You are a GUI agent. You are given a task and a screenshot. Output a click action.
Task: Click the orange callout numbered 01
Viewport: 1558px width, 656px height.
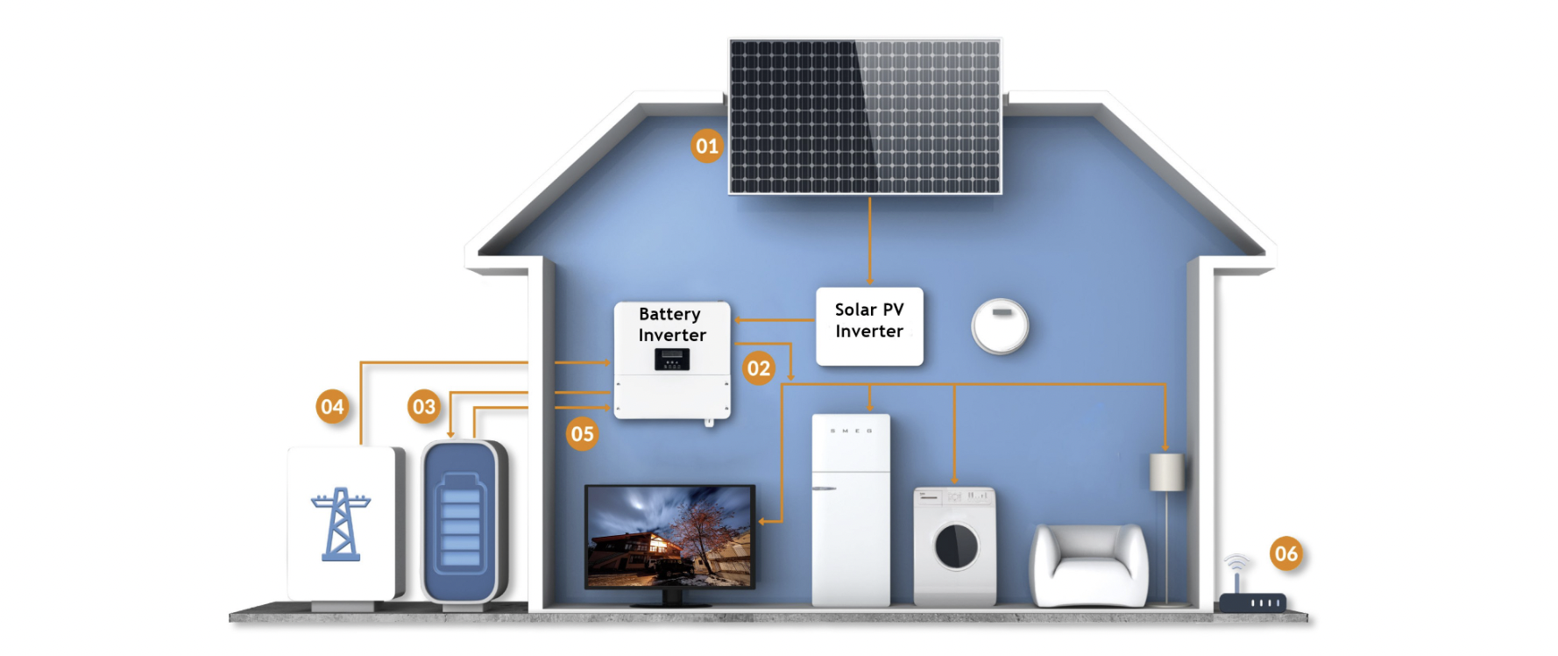[706, 146]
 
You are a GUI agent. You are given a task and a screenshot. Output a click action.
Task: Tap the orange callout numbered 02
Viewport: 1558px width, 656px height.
[759, 368]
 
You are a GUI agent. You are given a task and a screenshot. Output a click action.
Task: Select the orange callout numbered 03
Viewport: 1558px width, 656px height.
[424, 407]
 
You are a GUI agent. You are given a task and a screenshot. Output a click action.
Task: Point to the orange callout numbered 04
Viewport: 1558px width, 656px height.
[332, 407]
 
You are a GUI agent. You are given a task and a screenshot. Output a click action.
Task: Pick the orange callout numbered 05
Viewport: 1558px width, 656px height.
[582, 434]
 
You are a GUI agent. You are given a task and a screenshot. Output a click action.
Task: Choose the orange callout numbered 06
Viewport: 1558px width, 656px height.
[1285, 553]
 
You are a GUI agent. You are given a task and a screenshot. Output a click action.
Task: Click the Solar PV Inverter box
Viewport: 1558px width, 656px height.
[869, 326]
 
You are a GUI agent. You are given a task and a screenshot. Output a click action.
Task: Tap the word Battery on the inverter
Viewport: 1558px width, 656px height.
[669, 314]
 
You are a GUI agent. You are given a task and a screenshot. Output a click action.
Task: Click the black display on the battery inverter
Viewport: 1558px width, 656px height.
[672, 359]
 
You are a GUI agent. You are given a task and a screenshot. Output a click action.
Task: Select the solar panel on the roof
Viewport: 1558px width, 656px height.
[865, 116]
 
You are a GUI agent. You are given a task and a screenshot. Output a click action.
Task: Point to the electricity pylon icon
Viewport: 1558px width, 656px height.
[341, 524]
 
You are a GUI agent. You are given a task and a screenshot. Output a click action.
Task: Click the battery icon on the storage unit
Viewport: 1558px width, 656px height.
[460, 524]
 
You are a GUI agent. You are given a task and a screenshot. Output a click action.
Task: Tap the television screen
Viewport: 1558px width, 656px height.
[669, 536]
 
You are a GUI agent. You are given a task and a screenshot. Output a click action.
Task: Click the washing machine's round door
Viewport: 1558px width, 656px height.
[956, 545]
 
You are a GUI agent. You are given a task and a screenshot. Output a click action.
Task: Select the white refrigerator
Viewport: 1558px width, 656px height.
[850, 510]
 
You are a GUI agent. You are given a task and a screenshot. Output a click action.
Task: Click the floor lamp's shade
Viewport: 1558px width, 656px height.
[1166, 472]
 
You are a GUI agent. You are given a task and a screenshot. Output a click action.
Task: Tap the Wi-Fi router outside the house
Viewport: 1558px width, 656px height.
[1252, 601]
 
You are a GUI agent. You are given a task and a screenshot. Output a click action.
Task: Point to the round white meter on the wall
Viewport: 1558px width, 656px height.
[1000, 325]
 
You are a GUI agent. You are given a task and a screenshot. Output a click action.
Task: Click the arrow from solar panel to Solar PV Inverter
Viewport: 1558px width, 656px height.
[869, 240]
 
